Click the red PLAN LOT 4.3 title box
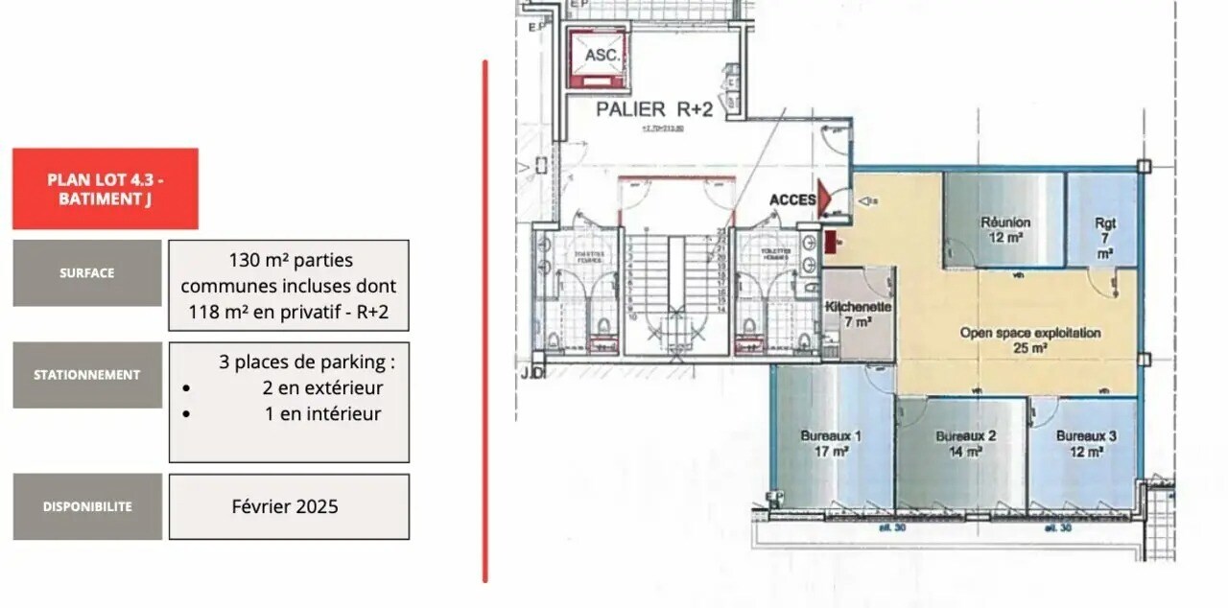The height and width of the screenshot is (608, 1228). click(x=106, y=189)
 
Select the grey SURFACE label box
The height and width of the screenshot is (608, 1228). click(x=87, y=273)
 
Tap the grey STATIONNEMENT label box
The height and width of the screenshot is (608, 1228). click(x=87, y=375)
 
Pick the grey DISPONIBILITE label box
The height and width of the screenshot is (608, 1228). click(x=87, y=506)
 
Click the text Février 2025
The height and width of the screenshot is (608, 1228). click(x=285, y=506)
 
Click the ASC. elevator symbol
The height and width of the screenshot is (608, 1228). click(x=602, y=57)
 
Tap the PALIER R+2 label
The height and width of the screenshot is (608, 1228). click(x=654, y=109)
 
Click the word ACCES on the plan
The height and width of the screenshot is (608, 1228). click(x=791, y=199)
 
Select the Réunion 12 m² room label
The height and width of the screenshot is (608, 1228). click(x=1005, y=229)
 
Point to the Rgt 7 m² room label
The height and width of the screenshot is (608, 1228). click(x=1105, y=239)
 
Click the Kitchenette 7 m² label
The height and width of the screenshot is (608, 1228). click(x=859, y=314)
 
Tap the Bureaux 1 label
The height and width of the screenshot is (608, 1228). click(x=831, y=443)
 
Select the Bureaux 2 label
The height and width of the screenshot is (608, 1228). click(x=965, y=443)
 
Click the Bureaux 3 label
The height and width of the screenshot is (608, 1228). click(x=1086, y=443)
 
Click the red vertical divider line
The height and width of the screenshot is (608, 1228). click(x=485, y=321)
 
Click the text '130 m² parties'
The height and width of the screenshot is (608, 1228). click(x=291, y=260)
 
